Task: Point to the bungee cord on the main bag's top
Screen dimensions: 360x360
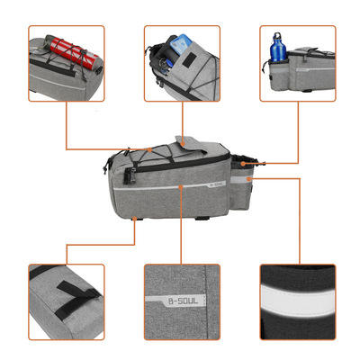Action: (x=144, y=162)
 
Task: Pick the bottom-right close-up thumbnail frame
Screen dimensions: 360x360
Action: (x=297, y=301)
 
